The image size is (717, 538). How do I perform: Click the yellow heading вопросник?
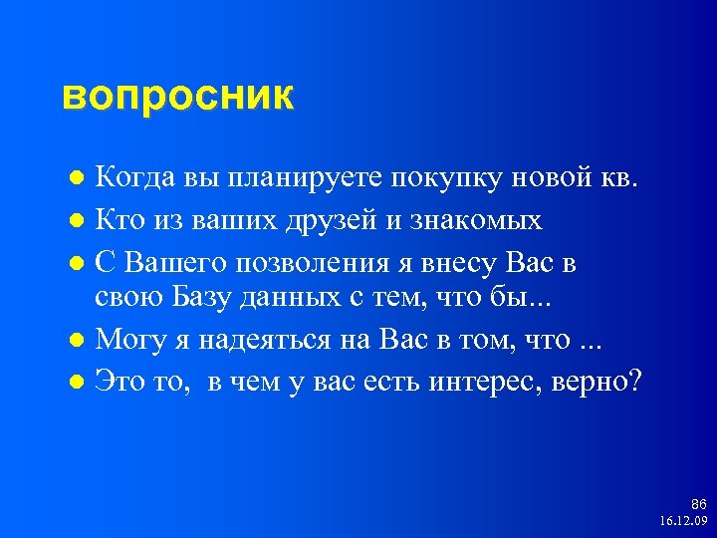coord(178,98)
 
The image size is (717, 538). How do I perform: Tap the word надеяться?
coord(263,339)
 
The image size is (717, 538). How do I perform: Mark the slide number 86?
coord(698,505)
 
